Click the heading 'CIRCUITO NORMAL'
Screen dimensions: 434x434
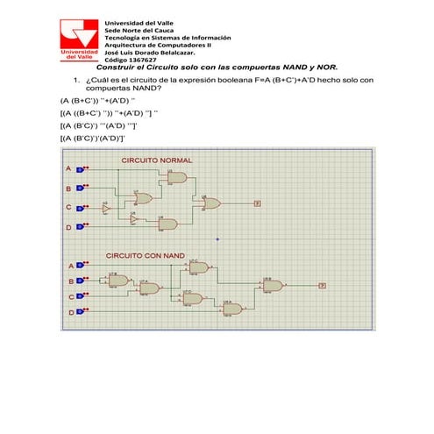tap(157, 161)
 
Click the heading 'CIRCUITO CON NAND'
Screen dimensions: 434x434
tap(146, 255)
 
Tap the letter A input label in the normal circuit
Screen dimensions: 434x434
tap(68, 168)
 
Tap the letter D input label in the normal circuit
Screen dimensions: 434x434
tap(68, 228)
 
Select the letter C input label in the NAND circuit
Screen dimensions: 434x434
tap(71, 297)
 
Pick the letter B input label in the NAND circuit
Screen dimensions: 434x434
tap(71, 281)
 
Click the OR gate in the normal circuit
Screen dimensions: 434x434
tap(142, 198)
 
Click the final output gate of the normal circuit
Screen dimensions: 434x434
tap(211, 203)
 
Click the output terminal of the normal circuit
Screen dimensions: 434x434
tap(257, 203)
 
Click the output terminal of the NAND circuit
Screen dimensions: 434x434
tap(322, 286)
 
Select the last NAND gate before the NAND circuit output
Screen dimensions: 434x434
tap(273, 286)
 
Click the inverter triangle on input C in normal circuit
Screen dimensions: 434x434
tap(106, 209)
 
